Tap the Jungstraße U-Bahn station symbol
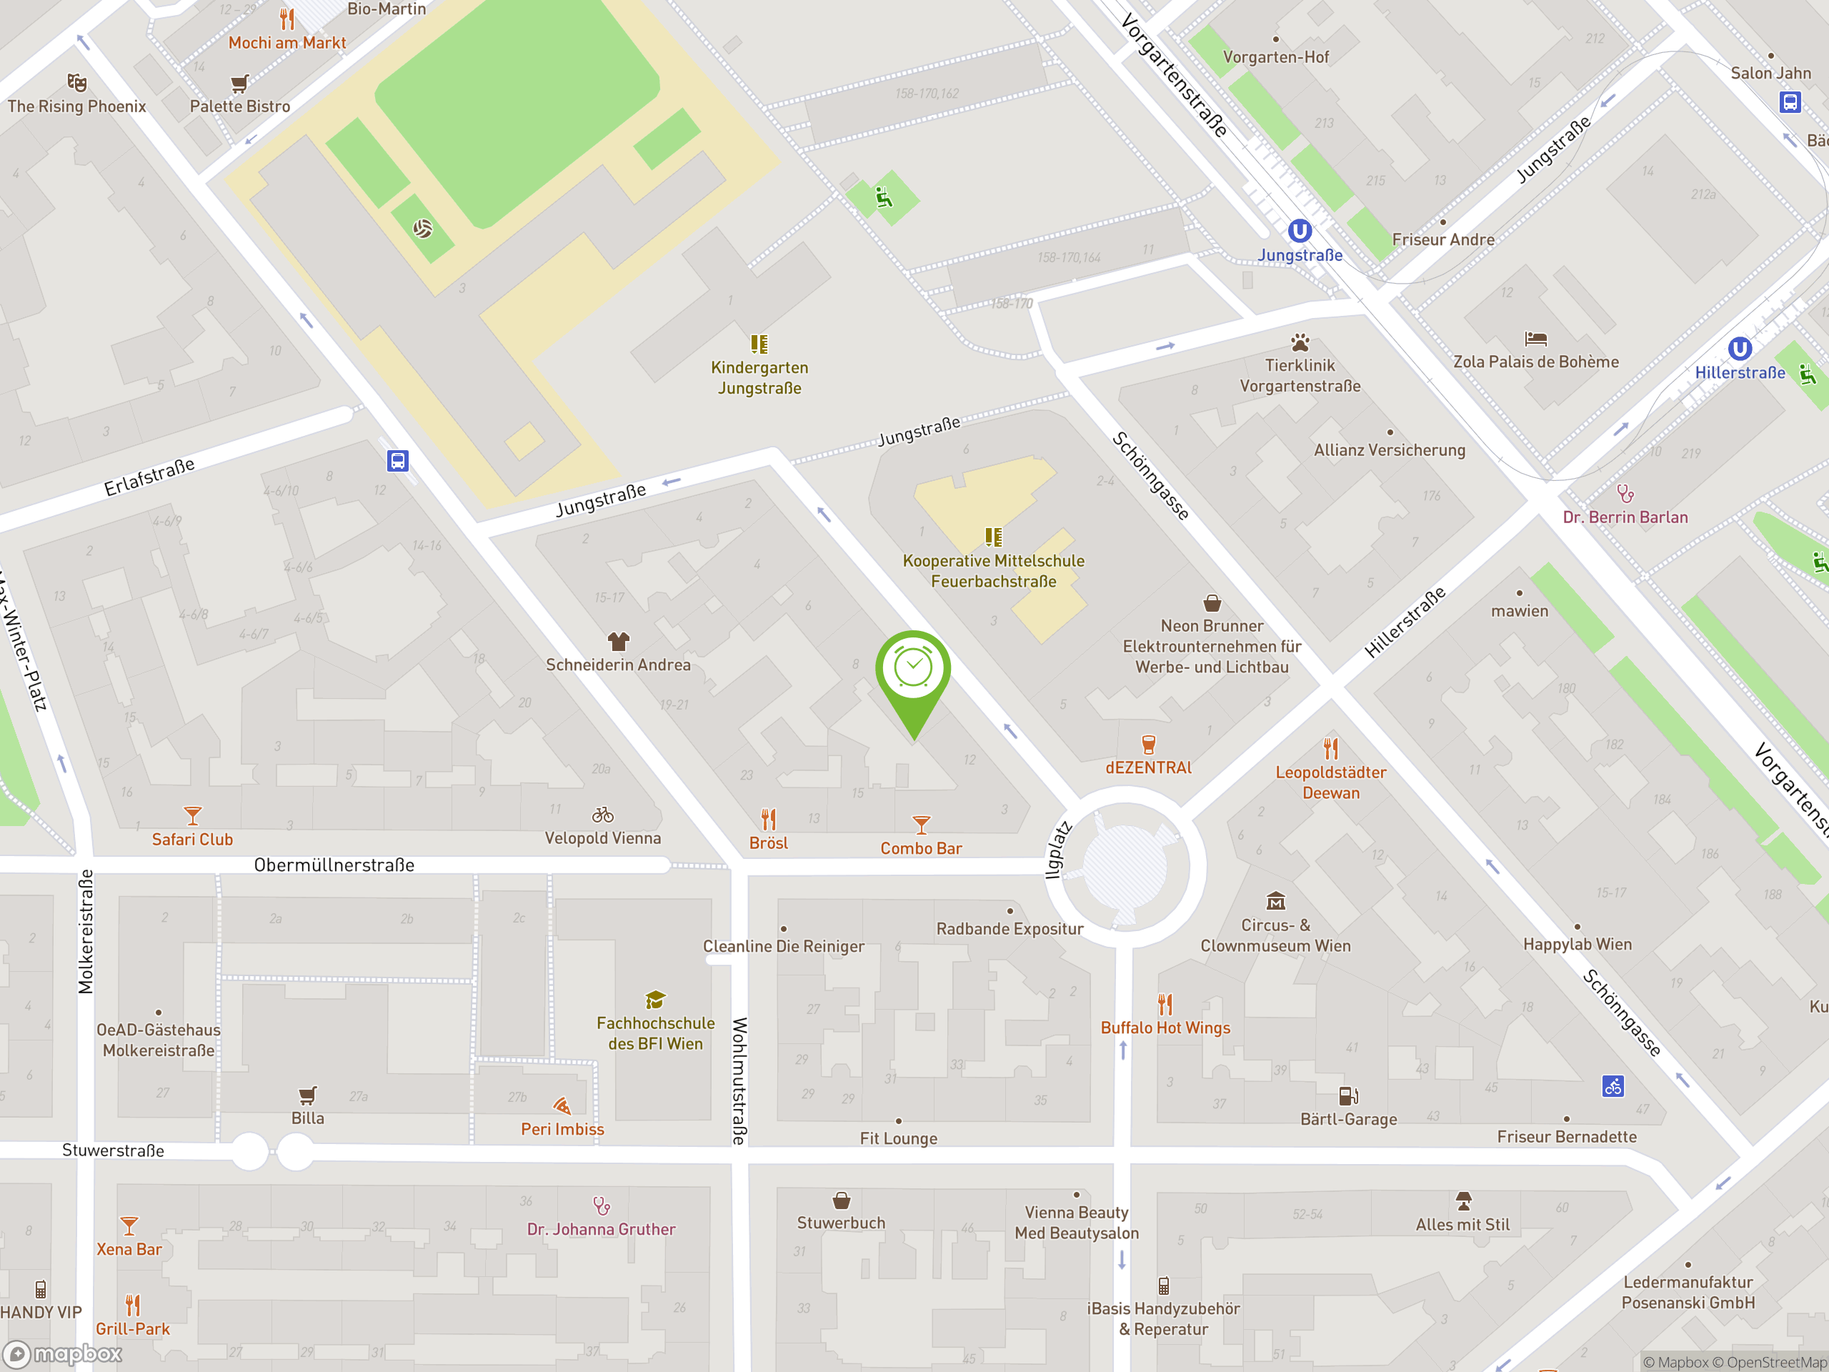pyautogui.click(x=1299, y=231)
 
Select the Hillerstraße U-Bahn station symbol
pyautogui.click(x=1739, y=348)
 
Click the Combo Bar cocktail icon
pyautogui.click(x=921, y=825)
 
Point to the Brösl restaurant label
pyautogui.click(x=768, y=843)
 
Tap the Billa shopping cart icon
pyautogui.click(x=308, y=1095)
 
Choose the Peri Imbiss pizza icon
pyautogui.click(x=562, y=1105)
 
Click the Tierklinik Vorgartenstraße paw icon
pyautogui.click(x=1300, y=342)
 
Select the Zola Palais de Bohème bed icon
pyautogui.click(x=1535, y=338)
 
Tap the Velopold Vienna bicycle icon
pyautogui.click(x=603, y=815)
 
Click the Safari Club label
pyautogui.click(x=193, y=840)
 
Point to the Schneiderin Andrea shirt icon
pyautogui.click(x=619, y=641)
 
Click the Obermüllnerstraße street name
pyautogui.click(x=334, y=865)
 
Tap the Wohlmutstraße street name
pyautogui.click(x=739, y=1081)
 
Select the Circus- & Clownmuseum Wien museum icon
pyautogui.click(x=1275, y=900)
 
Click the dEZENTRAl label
pyautogui.click(x=1149, y=767)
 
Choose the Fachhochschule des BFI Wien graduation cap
pyautogui.click(x=655, y=1000)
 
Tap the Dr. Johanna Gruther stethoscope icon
pyautogui.click(x=601, y=1206)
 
